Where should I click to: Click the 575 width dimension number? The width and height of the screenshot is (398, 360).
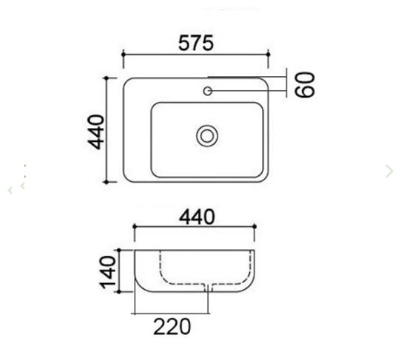coord(196,43)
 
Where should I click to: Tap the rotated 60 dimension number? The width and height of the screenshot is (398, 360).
coord(306,84)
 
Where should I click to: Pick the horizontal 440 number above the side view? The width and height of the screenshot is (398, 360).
coord(196,217)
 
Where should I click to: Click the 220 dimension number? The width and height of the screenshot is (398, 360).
coord(172,325)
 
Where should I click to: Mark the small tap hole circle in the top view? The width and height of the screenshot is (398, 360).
coord(208,91)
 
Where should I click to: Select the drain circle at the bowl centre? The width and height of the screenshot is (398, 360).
coord(207,135)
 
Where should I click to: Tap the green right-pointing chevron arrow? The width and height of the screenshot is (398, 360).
coord(389,171)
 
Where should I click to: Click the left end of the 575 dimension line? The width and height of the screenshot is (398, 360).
coord(123,55)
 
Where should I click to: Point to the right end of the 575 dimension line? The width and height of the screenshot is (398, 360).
coord(269,55)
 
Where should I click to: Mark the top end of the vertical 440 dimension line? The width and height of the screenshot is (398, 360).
coord(109,77)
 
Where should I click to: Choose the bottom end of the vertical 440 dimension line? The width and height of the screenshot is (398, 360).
coord(109,182)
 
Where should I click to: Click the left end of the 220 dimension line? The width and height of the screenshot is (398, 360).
coord(134,313)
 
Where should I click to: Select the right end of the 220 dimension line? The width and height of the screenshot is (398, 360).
coord(209,313)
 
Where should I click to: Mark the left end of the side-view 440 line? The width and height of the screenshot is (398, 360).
coord(134,228)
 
